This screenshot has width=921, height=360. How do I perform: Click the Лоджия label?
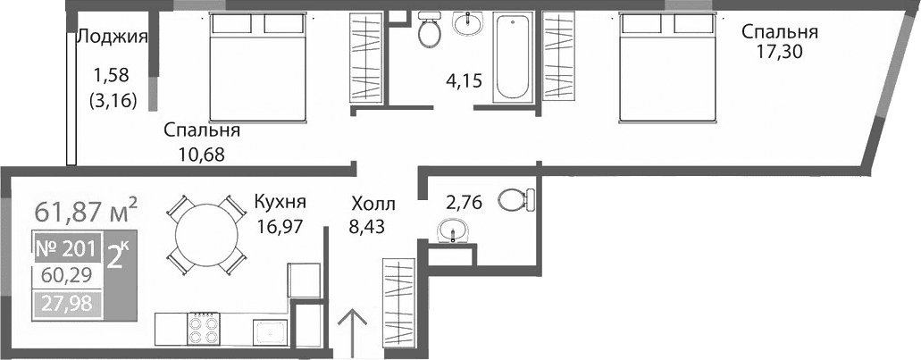[112, 37]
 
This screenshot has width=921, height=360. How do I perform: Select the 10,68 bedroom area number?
[202, 153]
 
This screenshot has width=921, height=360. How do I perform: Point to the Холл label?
[372, 205]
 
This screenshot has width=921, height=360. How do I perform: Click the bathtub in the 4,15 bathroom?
[514, 56]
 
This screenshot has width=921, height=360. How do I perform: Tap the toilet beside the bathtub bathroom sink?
[430, 30]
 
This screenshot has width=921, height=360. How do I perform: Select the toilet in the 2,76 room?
[515, 199]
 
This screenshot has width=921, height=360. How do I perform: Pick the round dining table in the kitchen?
[206, 233]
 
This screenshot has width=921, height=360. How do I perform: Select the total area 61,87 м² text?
[86, 212]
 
